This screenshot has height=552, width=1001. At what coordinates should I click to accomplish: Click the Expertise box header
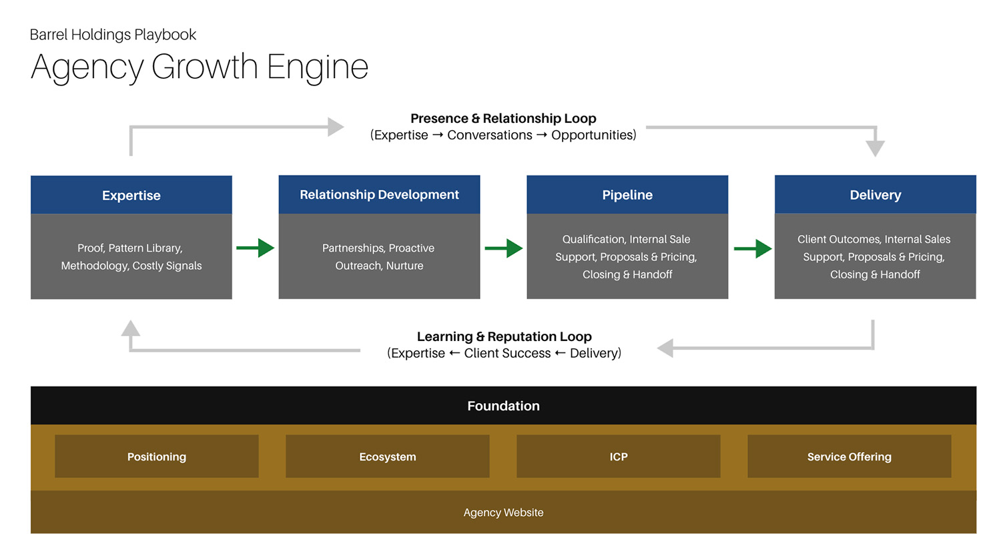[x=131, y=195]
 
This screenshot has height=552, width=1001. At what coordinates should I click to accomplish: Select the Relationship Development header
[x=379, y=194]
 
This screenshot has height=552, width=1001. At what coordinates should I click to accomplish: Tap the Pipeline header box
[x=627, y=195]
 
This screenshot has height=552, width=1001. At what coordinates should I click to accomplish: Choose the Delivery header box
[x=875, y=195]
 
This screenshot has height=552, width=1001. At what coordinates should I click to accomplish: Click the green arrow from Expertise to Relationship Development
[x=256, y=248]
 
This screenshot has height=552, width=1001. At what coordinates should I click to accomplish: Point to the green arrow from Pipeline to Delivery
[x=753, y=249]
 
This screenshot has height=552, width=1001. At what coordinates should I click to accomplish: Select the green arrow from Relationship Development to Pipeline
[x=505, y=248]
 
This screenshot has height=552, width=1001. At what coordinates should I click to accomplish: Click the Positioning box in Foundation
[x=157, y=457]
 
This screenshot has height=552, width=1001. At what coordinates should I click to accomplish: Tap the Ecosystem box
[x=388, y=457]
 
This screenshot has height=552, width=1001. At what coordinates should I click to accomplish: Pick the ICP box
[x=619, y=457]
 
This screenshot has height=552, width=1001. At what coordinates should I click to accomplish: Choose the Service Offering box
[x=849, y=457]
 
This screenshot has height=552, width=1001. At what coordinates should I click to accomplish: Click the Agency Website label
[x=503, y=513]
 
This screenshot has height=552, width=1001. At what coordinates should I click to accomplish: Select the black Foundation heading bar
[x=503, y=406]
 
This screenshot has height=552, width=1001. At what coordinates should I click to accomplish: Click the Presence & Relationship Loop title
[x=503, y=118]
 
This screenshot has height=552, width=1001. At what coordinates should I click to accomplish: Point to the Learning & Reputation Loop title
[x=504, y=336]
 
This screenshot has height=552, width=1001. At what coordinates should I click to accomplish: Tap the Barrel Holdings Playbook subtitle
[x=113, y=35]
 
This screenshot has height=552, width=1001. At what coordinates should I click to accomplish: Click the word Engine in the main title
[x=317, y=67]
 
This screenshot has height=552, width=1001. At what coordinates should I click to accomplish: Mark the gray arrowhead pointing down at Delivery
[x=875, y=148]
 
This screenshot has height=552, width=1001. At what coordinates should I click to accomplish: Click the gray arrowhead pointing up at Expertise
[x=131, y=328]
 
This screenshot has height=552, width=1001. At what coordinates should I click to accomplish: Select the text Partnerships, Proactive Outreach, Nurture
[x=379, y=256]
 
